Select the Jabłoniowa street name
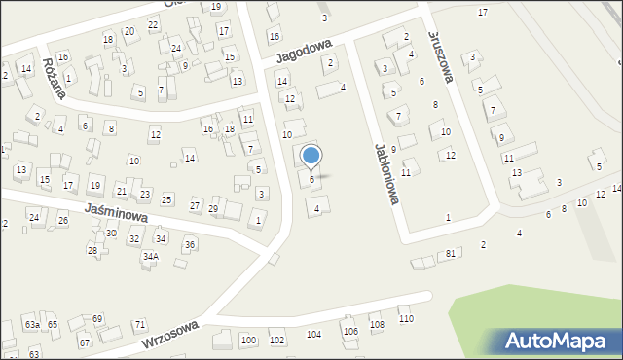pyautogui.click(x=387, y=175)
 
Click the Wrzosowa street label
pyautogui.click(x=170, y=334)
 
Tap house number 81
pyautogui.click(x=450, y=254)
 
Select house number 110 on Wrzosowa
pyautogui.click(x=406, y=319)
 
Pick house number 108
pyautogui.click(x=377, y=324)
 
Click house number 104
pyautogui.click(x=313, y=334)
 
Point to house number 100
pyautogui.click(x=248, y=340)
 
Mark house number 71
pyautogui.click(x=140, y=324)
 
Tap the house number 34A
pyautogui.click(x=150, y=256)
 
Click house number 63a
pyautogui.click(x=32, y=324)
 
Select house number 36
pyautogui.click(x=190, y=244)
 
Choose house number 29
pyautogui.click(x=213, y=209)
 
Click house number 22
pyautogui.click(x=153, y=24)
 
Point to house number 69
pyautogui.click(x=97, y=319)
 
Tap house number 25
pyautogui.click(x=166, y=199)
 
